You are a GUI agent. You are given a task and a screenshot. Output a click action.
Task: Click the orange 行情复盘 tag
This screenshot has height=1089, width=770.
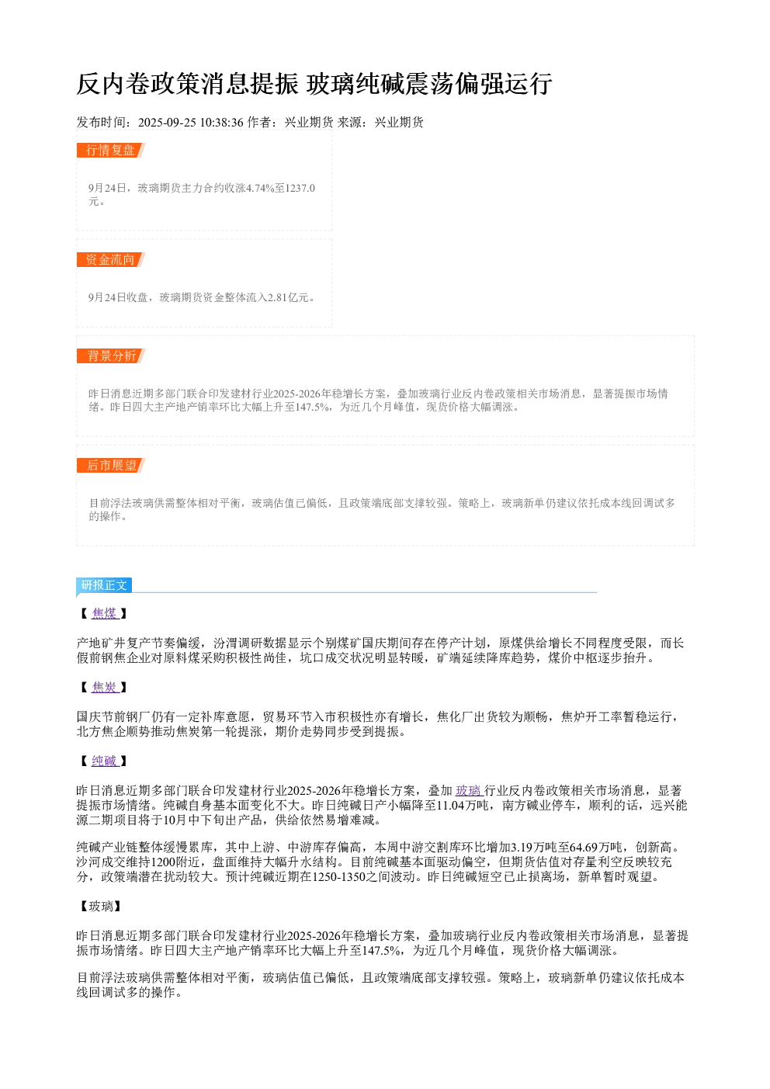click(111, 151)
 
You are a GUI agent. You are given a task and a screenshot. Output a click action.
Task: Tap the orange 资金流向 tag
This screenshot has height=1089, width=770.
click(111, 259)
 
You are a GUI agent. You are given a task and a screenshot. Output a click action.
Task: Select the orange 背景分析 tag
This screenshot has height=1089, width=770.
click(111, 355)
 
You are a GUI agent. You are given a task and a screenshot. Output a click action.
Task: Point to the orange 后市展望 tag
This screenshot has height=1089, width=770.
click(111, 465)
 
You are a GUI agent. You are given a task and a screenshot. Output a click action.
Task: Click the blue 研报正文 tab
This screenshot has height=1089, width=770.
click(104, 584)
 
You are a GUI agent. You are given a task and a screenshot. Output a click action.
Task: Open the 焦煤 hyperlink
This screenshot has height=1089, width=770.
click(105, 613)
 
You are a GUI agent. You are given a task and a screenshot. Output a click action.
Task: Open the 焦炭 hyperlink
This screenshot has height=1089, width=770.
click(105, 687)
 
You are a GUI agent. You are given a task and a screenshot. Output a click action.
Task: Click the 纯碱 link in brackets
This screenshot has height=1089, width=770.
click(105, 761)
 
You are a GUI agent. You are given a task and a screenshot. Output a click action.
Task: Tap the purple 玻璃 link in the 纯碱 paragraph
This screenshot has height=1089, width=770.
click(468, 791)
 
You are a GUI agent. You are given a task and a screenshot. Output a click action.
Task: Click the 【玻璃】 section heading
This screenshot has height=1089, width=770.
click(101, 906)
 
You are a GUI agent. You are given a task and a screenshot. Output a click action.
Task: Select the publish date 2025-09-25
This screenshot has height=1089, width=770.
click(167, 123)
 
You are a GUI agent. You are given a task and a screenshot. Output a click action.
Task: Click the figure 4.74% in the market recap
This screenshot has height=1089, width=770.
click(260, 188)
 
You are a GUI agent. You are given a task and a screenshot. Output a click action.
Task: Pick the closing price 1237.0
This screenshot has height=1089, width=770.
click(300, 188)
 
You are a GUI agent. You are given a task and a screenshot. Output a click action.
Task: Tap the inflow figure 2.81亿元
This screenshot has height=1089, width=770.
click(288, 297)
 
